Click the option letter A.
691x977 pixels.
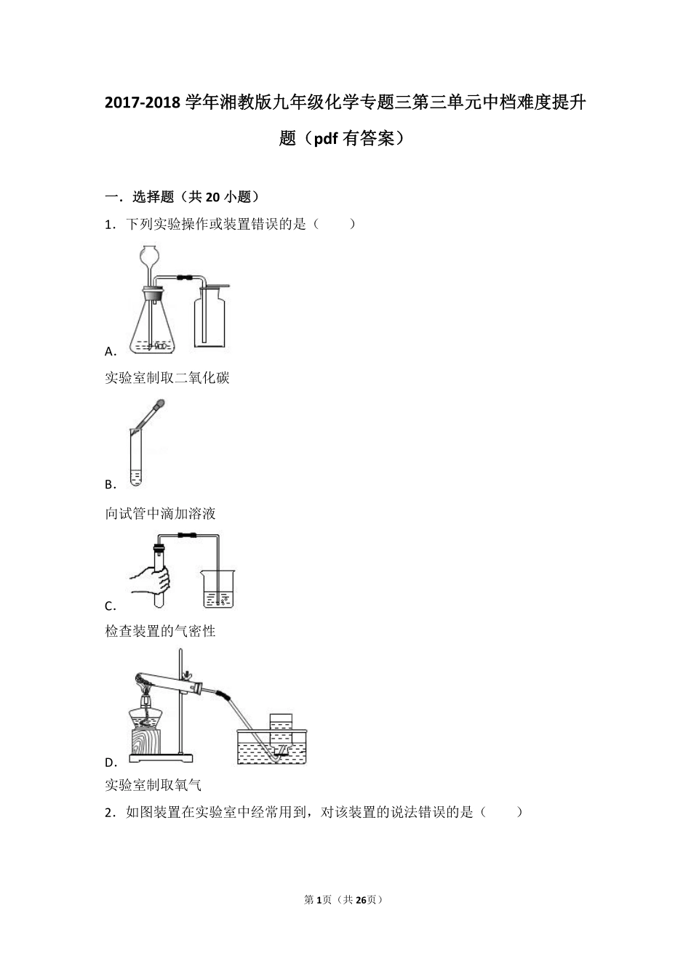pos(110,352)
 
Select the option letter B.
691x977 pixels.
pos(110,485)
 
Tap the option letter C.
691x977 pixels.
pos(110,606)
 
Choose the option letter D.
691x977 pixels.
pos(111,763)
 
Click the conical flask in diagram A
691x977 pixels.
pos(153,327)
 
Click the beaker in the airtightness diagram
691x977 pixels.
pos(218,590)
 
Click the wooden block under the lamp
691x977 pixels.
pos(151,741)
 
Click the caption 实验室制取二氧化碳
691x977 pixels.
pos(167,378)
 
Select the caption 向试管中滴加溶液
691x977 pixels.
pos(161,514)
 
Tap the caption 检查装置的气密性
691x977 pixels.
pos(161,632)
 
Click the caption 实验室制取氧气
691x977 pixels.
pos(153,785)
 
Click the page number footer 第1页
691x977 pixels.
pos(318,900)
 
